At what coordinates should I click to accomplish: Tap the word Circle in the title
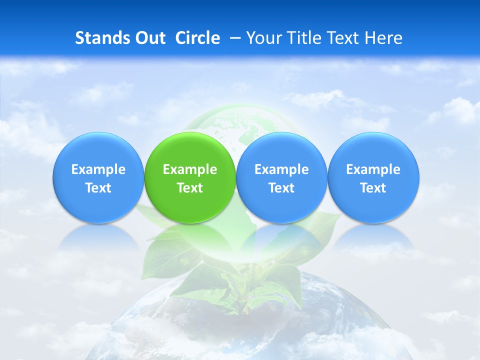coord(197,38)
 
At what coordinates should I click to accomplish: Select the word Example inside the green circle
coord(190,169)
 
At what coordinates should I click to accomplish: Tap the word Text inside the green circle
coord(190,188)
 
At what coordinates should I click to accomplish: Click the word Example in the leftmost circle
coord(98,169)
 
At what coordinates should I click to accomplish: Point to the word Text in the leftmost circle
coord(98,188)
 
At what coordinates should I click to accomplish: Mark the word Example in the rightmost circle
coord(373,169)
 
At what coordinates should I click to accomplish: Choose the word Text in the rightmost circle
coord(373,188)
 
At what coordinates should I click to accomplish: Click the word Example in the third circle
coord(281,169)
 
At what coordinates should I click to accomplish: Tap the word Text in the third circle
coord(281,188)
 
